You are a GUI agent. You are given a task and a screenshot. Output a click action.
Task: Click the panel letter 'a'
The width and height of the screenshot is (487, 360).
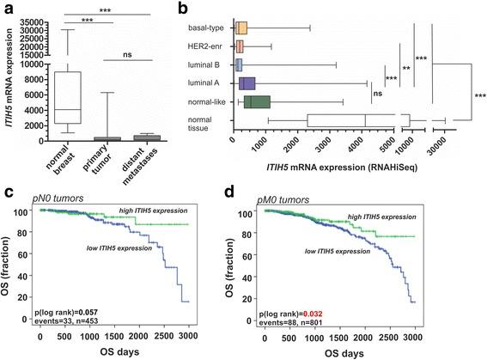pyautogui.click(x=7, y=9)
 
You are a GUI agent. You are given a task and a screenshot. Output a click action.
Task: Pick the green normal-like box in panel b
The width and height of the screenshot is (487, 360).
pyautogui.click(x=257, y=102)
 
